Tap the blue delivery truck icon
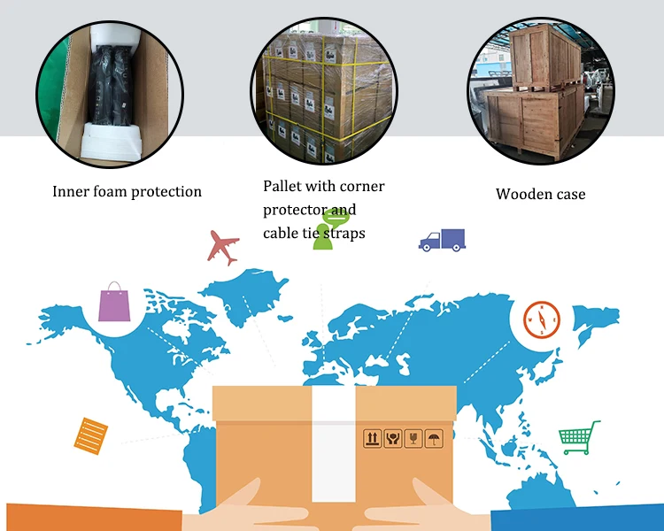[442, 239]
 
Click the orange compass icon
[540, 319]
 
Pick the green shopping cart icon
[579, 437]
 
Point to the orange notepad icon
[89, 434]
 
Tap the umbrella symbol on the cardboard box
[434, 438]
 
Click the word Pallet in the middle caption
[282, 187]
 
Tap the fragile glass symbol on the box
[413, 438]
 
